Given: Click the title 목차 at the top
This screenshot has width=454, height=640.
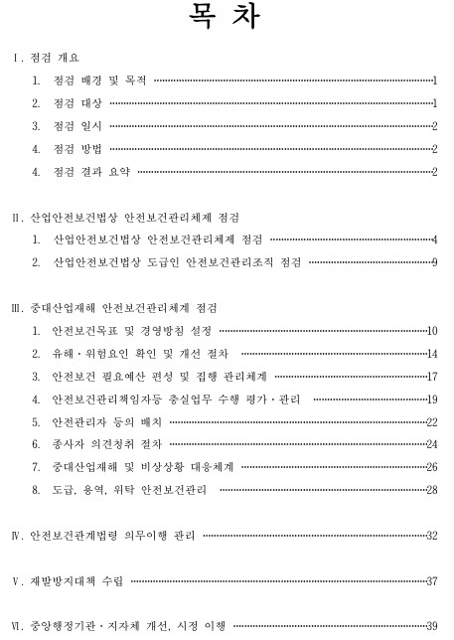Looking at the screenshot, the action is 227,20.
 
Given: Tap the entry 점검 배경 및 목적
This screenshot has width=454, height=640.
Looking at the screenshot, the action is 99,80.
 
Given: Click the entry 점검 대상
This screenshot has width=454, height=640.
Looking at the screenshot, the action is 78,103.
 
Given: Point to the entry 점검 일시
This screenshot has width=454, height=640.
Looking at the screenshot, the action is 78,126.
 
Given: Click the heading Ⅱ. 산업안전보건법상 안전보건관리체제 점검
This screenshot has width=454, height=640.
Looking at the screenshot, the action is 130,217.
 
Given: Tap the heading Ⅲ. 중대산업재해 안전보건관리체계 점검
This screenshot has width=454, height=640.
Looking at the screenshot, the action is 123,308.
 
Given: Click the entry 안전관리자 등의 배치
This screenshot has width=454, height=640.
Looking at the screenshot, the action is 105,422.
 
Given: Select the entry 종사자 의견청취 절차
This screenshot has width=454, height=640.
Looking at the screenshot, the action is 105,444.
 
